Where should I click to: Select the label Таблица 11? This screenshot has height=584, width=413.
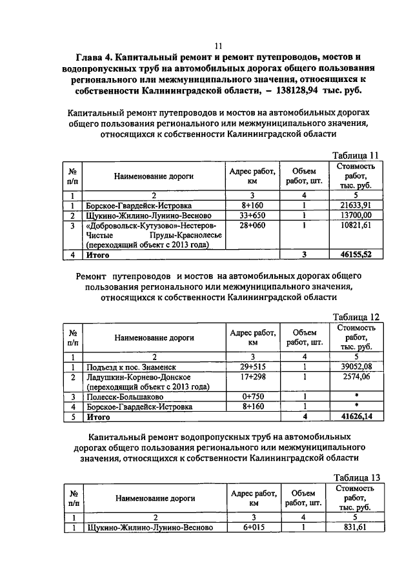(x=355, y=155)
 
